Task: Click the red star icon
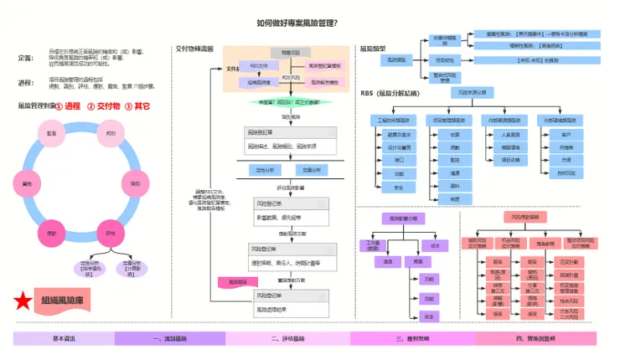[x=23, y=300]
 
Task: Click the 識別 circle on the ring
[x=135, y=183]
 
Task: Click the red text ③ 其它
[x=137, y=106]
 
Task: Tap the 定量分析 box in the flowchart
[x=310, y=170]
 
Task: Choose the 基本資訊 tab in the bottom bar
[x=65, y=338]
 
